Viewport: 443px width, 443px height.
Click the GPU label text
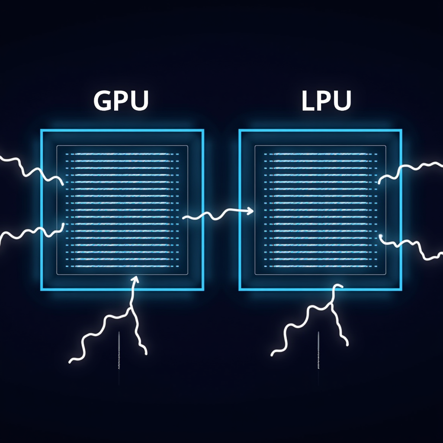pyautogui.click(x=121, y=101)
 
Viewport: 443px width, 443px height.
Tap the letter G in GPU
pyautogui.click(x=102, y=101)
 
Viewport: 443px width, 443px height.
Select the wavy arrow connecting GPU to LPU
pyautogui.click(x=216, y=214)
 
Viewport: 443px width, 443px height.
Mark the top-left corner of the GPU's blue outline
pyautogui.click(x=42, y=130)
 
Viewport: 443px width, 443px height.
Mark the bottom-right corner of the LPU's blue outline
pyautogui.click(x=401, y=289)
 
